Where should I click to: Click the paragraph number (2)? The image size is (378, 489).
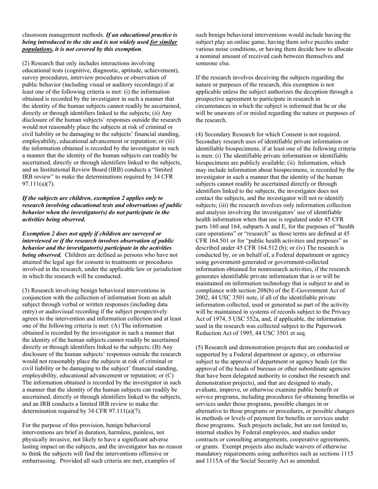[26, 63]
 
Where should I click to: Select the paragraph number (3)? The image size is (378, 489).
[26, 291]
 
